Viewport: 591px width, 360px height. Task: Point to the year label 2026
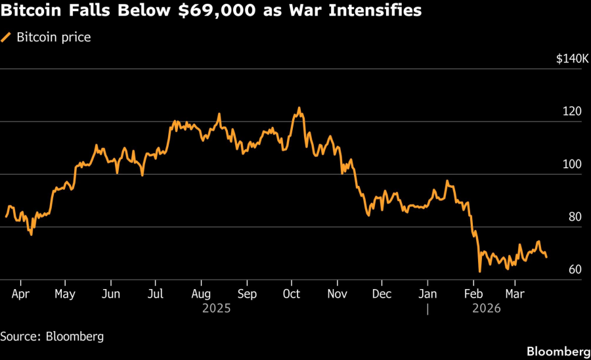click(485, 308)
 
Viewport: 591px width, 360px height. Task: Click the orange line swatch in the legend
click(7, 37)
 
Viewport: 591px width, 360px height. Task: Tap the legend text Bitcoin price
click(54, 37)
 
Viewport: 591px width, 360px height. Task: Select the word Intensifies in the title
click(378, 11)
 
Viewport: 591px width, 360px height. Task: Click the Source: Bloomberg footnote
click(52, 336)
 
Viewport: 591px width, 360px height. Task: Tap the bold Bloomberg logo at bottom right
click(558, 351)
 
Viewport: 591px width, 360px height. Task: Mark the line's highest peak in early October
click(299, 108)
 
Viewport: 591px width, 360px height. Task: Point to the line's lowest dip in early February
click(480, 271)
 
